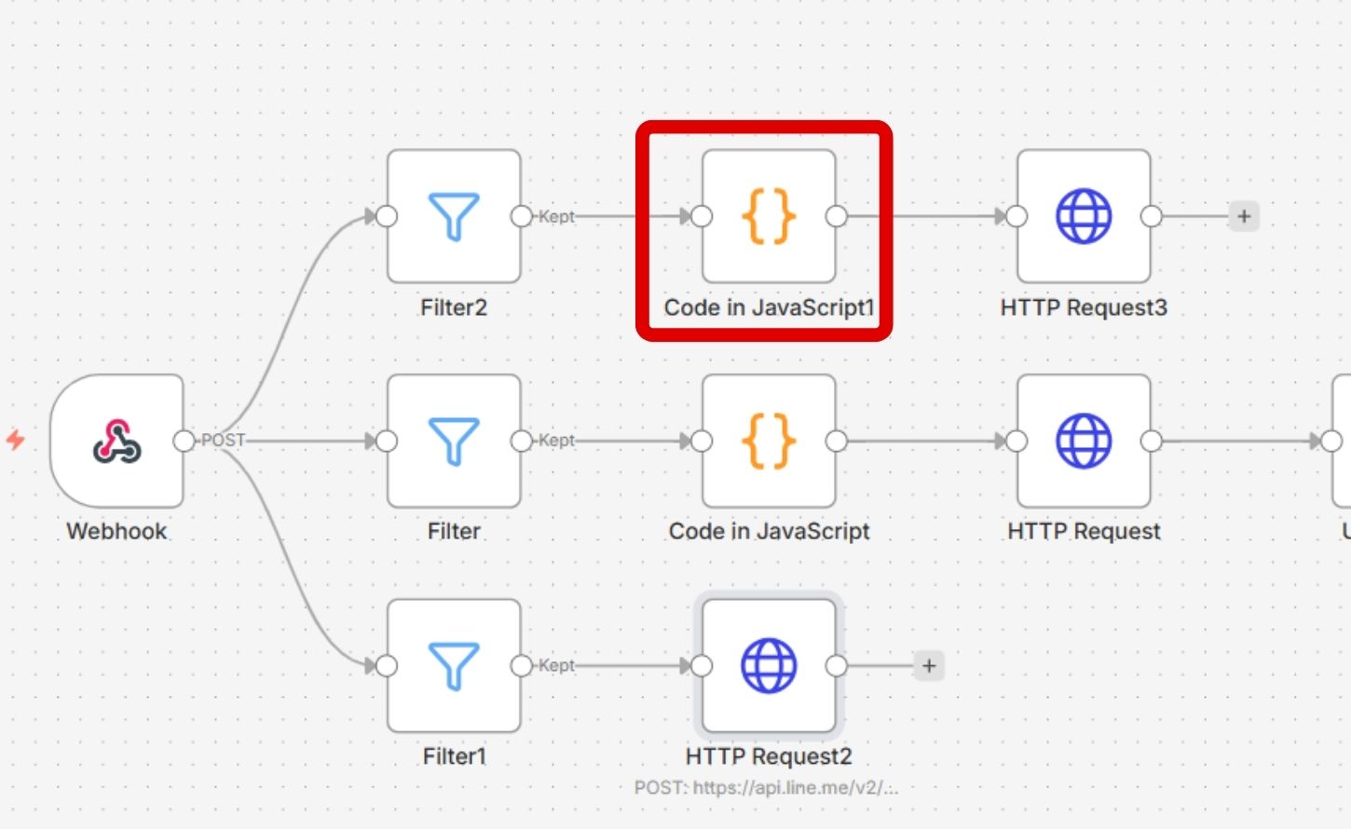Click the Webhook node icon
pyautogui.click(x=116, y=441)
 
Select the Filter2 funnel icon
pyautogui.click(x=454, y=216)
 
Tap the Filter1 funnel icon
pyautogui.click(x=454, y=665)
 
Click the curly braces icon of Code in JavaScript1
pyautogui.click(x=769, y=216)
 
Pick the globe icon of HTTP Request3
pyautogui.click(x=1084, y=216)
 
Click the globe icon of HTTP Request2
pyautogui.click(x=769, y=665)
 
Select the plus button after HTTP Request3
pyautogui.click(x=1244, y=216)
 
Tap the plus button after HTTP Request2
pyautogui.click(x=929, y=665)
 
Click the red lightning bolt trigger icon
pyautogui.click(x=16, y=440)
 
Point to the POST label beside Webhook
pyautogui.click(x=223, y=441)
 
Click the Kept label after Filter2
pyautogui.click(x=556, y=216)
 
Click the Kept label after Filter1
pyautogui.click(x=556, y=665)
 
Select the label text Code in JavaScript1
pyautogui.click(x=769, y=307)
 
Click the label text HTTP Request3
pyautogui.click(x=1084, y=307)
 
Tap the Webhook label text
pyautogui.click(x=116, y=531)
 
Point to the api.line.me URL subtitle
pyautogui.click(x=767, y=787)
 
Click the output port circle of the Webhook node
pyautogui.click(x=184, y=441)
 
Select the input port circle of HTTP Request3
pyautogui.click(x=1017, y=216)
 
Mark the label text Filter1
pyautogui.click(x=454, y=755)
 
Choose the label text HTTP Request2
pyautogui.click(x=769, y=755)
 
